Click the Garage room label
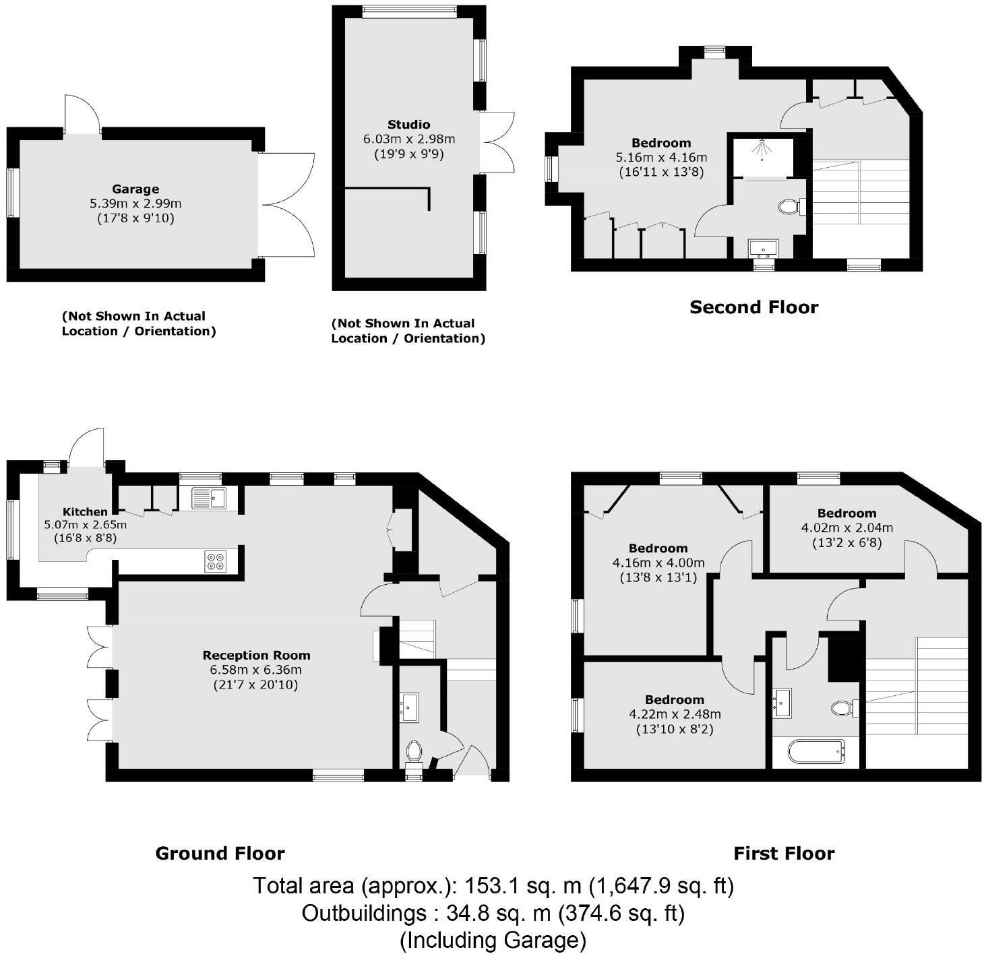(135, 189)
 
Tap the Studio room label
(408, 125)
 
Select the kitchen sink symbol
(209, 498)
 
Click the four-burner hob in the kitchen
(216, 562)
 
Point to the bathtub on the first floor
(815, 752)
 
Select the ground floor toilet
(414, 751)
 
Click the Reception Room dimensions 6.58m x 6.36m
(256, 670)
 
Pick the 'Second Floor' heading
(753, 307)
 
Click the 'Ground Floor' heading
(220, 854)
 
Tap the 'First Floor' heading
(784, 854)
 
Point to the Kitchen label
(85, 512)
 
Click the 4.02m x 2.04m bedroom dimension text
(846, 528)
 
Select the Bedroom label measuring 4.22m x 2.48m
(674, 699)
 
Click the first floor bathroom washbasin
(782, 703)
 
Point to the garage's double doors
(286, 205)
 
